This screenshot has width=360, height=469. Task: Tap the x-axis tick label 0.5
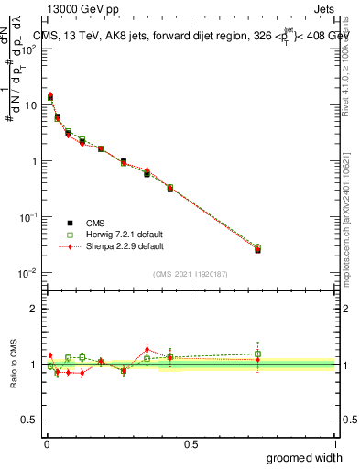(191, 444)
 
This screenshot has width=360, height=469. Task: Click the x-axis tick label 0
(47, 444)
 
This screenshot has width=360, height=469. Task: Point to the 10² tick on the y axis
(32, 49)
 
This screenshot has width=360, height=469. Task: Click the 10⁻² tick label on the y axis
(30, 273)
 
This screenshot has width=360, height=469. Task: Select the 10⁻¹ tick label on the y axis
(30, 217)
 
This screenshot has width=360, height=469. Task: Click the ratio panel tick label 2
(35, 309)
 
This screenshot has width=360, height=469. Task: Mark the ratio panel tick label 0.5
(30, 420)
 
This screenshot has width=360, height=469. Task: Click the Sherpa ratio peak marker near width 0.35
(147, 349)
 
